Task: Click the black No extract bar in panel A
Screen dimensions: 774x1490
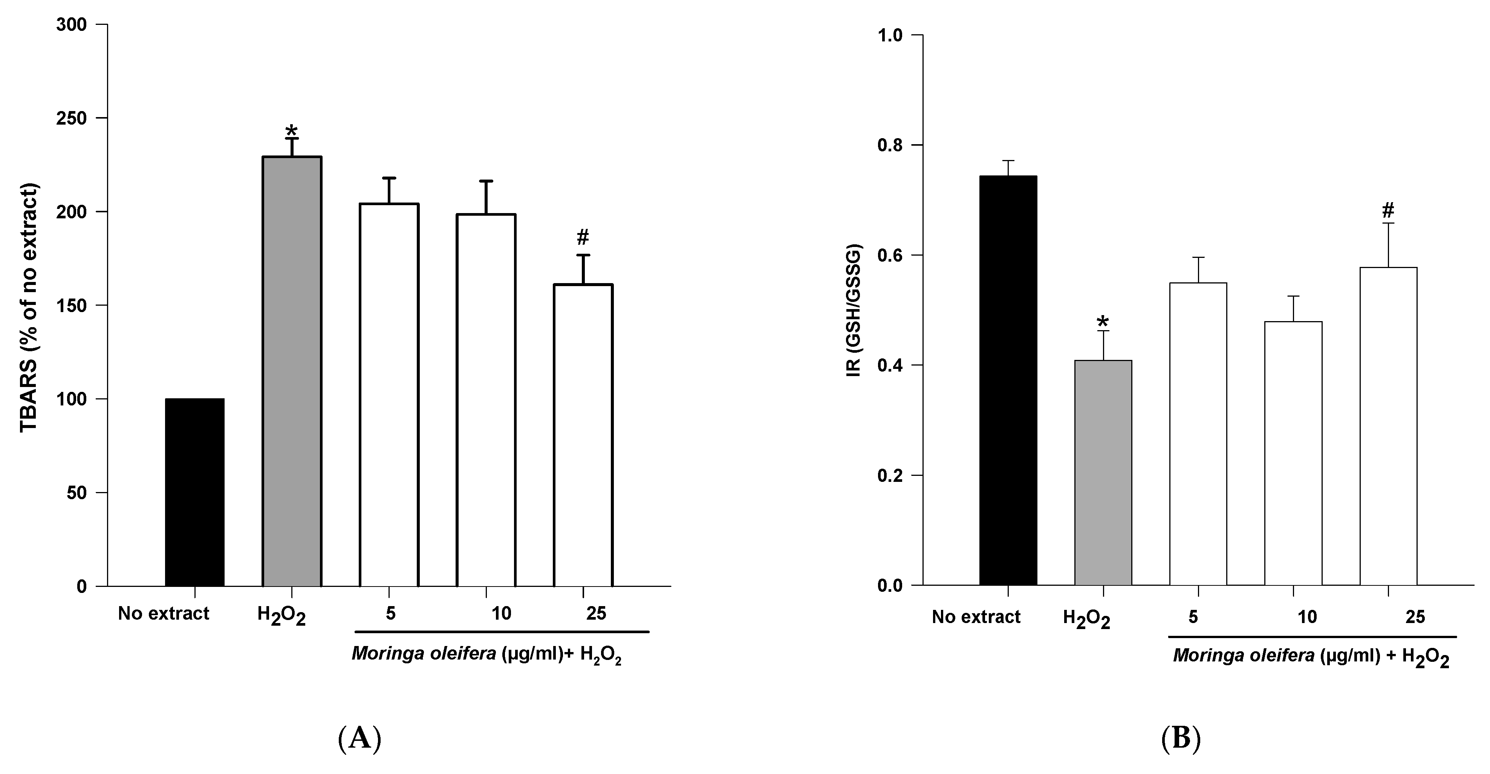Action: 194,492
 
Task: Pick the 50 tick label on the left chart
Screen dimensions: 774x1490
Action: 81,493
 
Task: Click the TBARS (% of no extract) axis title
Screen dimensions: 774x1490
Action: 29,308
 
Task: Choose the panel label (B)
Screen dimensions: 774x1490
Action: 1181,738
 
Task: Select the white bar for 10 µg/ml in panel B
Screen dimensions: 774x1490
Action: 1293,453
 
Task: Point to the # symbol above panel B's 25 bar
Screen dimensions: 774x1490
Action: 1388,210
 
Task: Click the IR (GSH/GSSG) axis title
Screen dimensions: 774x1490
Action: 854,311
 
